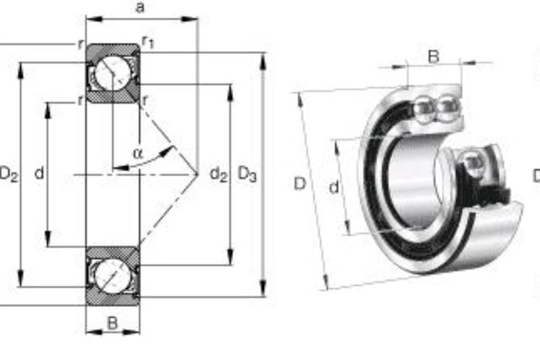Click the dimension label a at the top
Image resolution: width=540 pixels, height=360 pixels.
click(x=140, y=7)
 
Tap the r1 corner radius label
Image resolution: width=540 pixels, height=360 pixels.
click(x=148, y=42)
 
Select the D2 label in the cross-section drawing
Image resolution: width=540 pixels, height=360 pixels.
click(x=9, y=173)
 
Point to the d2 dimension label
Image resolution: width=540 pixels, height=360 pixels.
click(x=219, y=173)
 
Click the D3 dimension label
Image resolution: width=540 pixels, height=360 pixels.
click(x=247, y=173)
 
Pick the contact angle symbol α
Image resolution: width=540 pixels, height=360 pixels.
click(x=138, y=153)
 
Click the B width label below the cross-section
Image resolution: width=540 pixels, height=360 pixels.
click(x=112, y=323)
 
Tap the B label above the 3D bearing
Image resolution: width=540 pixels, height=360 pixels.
click(x=434, y=56)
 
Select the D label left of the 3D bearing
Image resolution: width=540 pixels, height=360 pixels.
click(x=300, y=184)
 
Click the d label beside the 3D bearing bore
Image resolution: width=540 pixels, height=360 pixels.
click(x=334, y=187)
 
